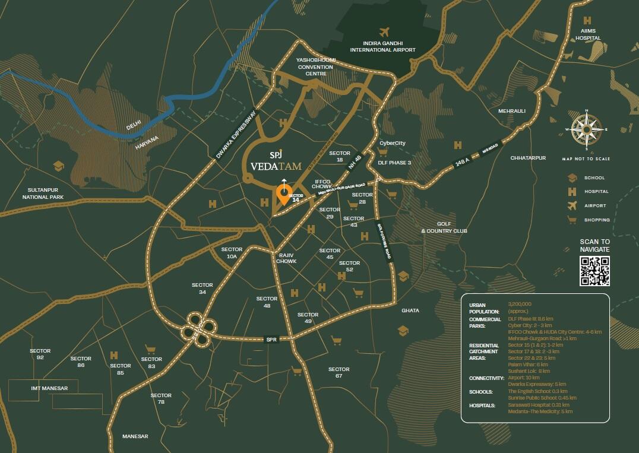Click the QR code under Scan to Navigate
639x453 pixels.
point(594,272)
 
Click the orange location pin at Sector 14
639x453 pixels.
point(284,194)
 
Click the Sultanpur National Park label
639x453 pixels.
point(43,193)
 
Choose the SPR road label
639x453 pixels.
point(271,340)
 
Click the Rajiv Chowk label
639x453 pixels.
point(286,258)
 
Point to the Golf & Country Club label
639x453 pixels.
point(444,227)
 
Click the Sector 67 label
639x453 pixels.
point(339,372)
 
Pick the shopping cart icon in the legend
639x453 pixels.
point(572,220)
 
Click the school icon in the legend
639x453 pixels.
point(572,178)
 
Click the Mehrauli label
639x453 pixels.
point(512,111)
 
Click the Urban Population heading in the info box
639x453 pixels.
point(480,308)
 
